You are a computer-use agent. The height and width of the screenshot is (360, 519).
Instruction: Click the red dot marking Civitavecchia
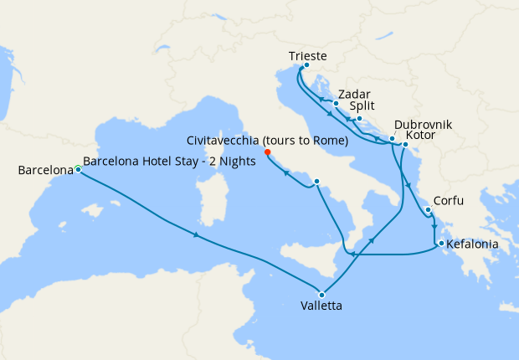(267, 152)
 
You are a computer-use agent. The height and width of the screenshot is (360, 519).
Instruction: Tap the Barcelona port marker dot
(78, 169)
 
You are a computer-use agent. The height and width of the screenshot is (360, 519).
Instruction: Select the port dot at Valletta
(321, 293)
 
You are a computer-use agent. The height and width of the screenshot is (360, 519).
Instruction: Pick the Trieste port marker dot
(306, 65)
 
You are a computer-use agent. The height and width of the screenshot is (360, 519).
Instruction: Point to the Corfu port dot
(428, 209)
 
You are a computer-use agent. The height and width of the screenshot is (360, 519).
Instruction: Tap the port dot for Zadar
(335, 104)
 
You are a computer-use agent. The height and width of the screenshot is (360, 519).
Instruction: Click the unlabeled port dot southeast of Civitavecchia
(316, 182)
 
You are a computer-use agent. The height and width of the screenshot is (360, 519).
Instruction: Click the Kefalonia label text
(474, 244)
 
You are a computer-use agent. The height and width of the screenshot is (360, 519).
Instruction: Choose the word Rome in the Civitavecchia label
(331, 141)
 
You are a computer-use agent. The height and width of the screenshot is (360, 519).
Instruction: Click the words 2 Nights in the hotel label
(232, 162)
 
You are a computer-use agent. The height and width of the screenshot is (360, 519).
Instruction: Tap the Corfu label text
(449, 203)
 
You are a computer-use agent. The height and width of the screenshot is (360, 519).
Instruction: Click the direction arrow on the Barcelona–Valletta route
(197, 235)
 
